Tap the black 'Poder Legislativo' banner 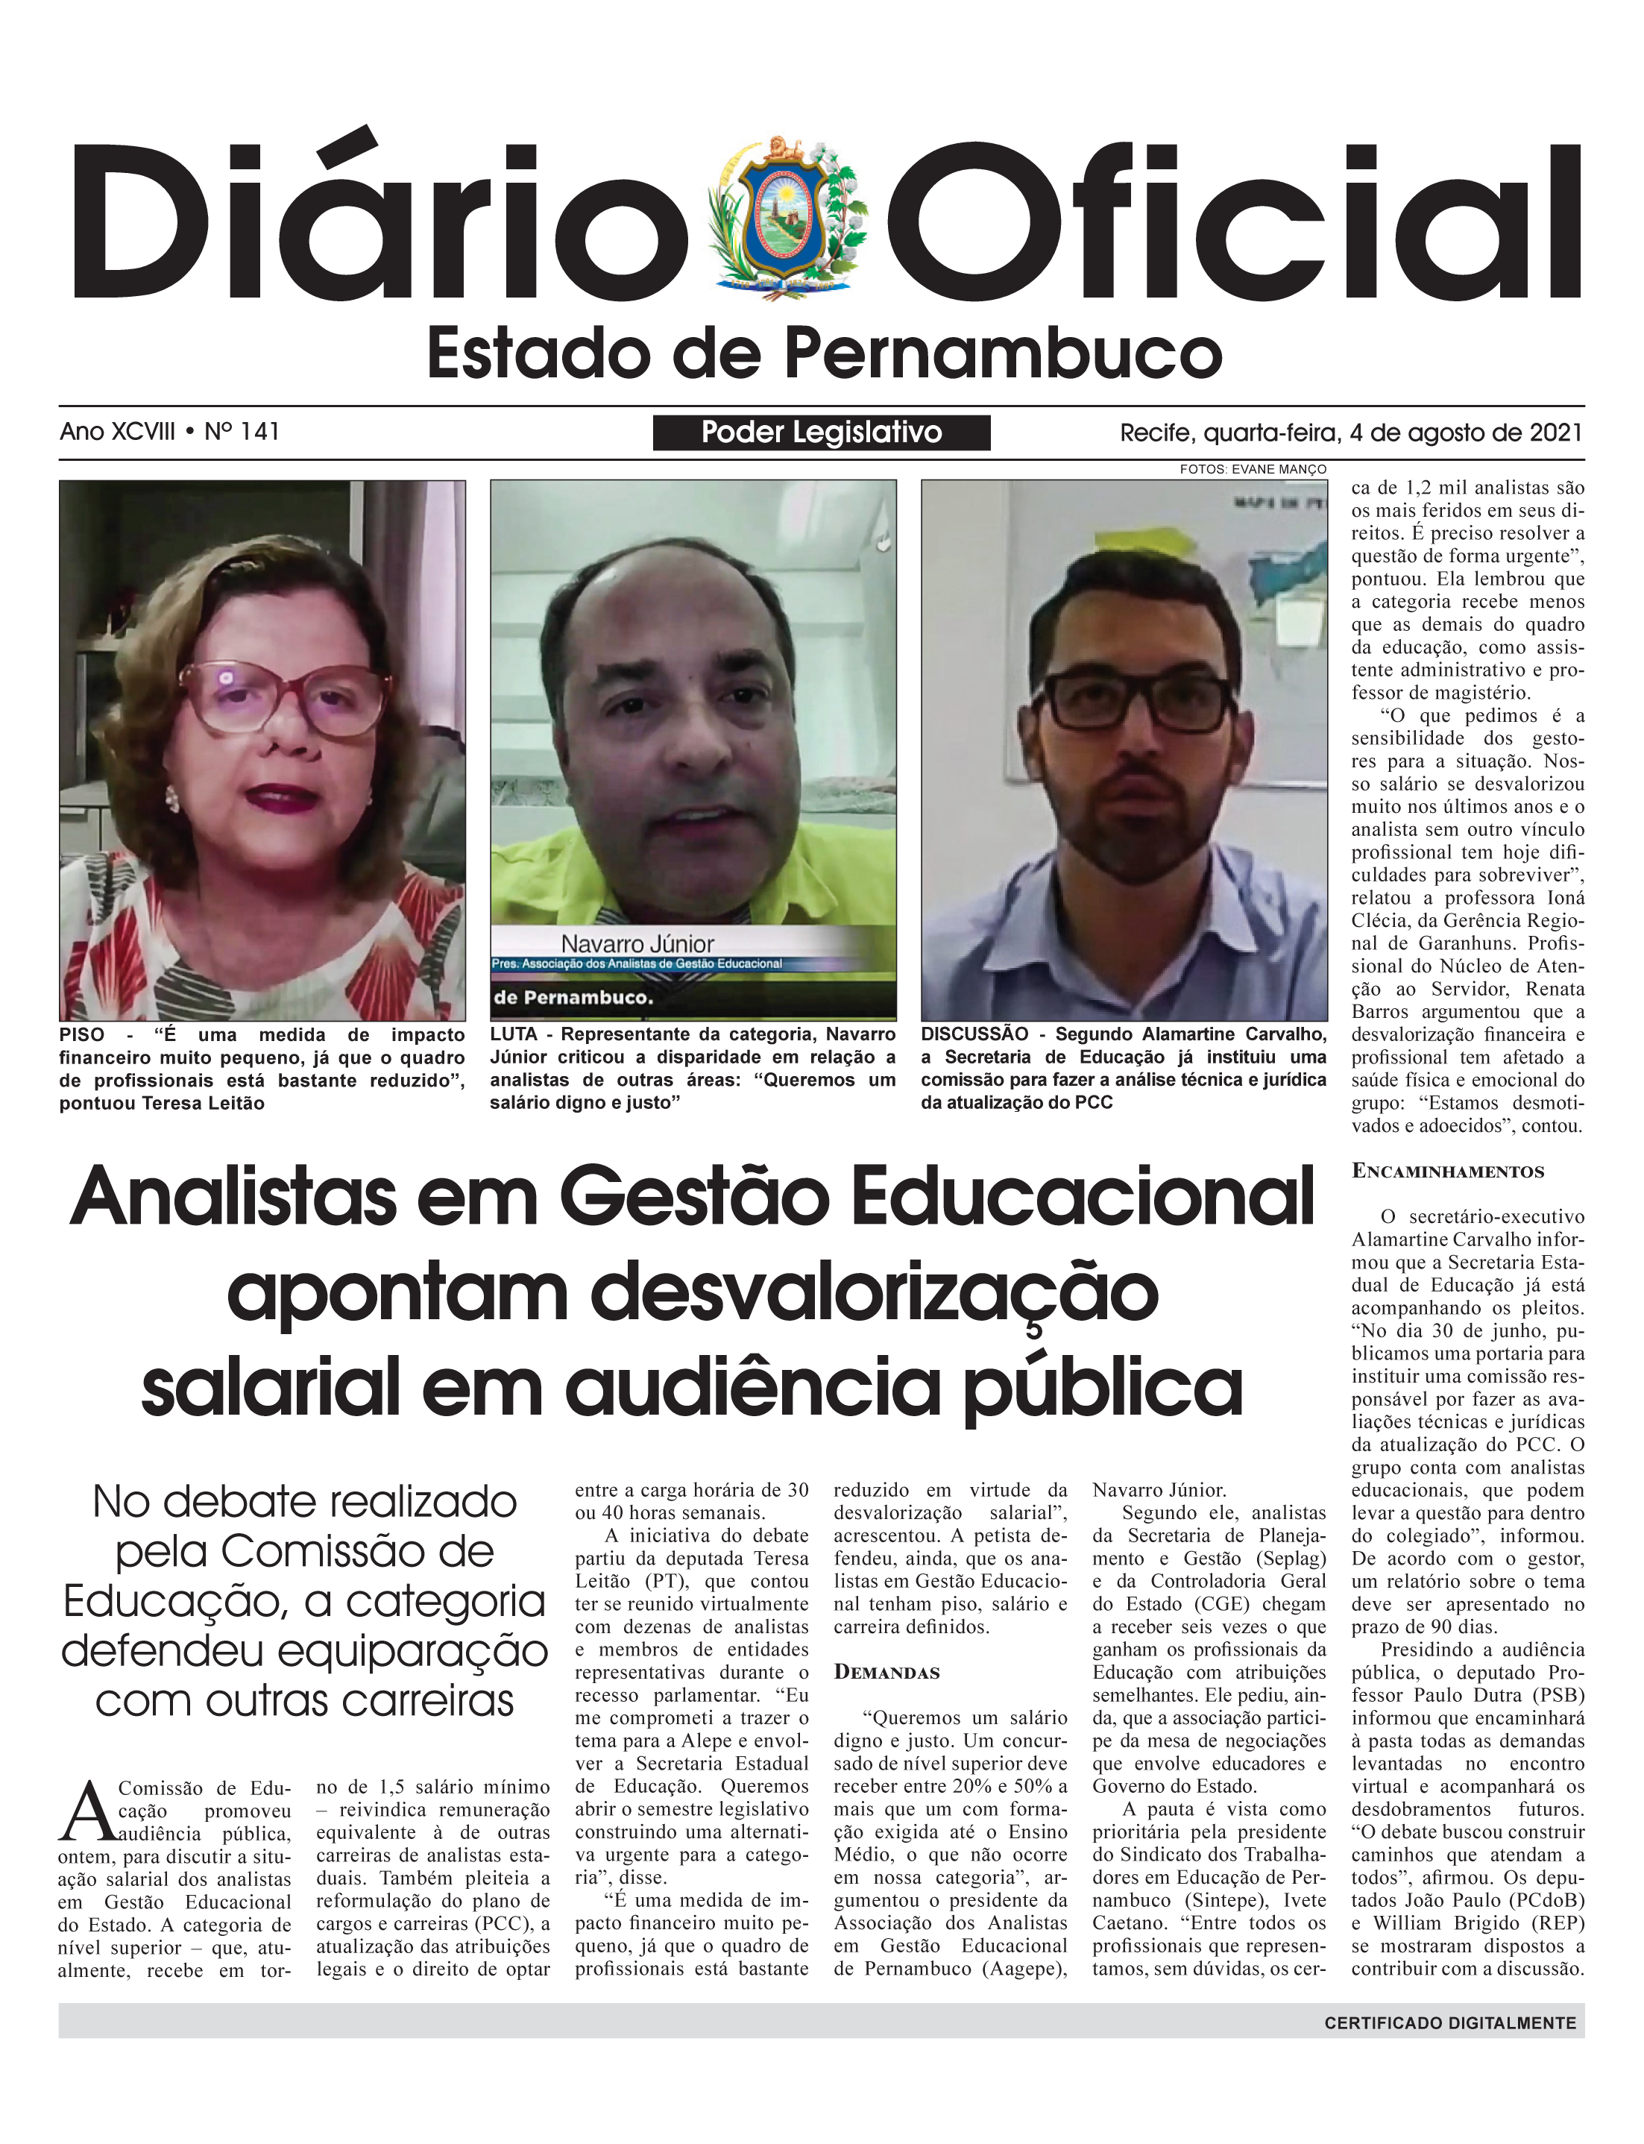(821, 433)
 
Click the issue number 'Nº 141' (242, 432)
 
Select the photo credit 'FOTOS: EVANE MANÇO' (1253, 470)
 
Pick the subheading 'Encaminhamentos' (1447, 1172)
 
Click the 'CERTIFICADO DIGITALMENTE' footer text (1450, 2022)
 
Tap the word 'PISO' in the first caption (82, 1035)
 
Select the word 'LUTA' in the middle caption (514, 1034)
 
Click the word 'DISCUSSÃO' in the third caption (974, 1034)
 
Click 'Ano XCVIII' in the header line (118, 432)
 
